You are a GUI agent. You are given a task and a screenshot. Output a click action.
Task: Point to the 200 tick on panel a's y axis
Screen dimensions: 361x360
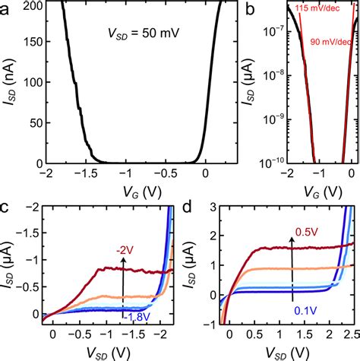click(33, 5)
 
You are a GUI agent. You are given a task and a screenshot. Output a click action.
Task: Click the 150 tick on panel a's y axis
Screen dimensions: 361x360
click(33, 44)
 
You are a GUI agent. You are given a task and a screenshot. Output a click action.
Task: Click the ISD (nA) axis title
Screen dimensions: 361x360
click(11, 84)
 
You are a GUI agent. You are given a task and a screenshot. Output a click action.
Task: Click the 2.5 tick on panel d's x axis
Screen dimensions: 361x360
click(349, 336)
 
